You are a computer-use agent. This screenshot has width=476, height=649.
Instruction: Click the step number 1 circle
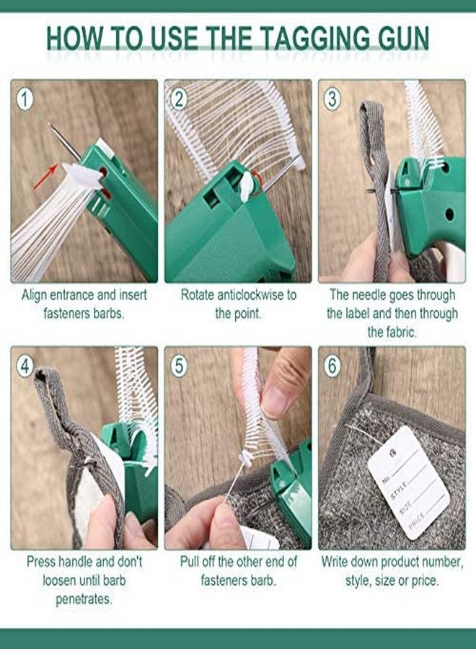25,99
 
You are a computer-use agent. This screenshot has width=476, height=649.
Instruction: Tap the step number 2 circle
180,99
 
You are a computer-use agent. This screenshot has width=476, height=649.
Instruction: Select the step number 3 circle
332,99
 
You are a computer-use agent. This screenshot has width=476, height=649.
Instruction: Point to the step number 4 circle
25,366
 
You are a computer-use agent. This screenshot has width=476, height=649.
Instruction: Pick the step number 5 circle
180,366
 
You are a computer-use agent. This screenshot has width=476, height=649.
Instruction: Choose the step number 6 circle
332,366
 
